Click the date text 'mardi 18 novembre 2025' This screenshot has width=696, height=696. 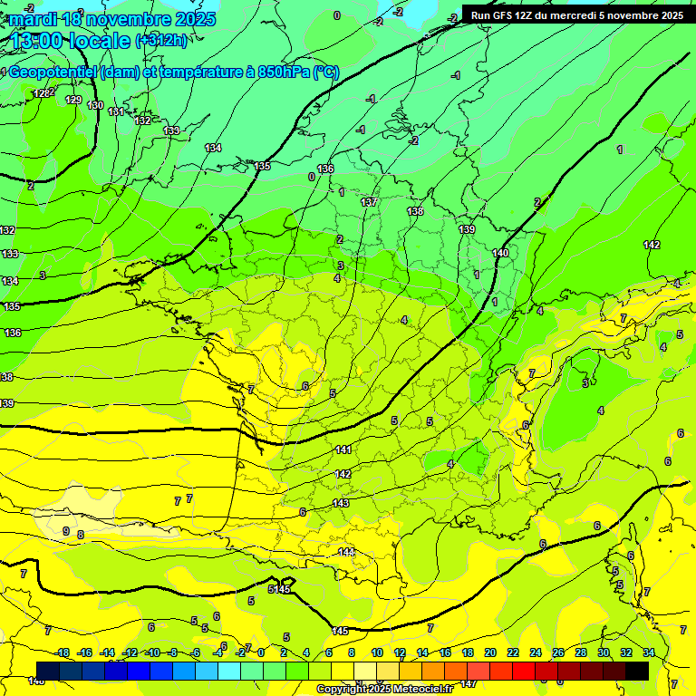coord(113,19)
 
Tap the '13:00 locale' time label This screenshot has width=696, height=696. coord(71,41)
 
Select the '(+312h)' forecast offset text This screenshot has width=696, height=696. coord(162,41)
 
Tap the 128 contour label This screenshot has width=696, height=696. coord(41,93)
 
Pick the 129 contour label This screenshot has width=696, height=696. coord(73,100)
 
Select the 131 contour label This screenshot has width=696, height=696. coord(116,111)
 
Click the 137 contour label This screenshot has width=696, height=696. coord(369,202)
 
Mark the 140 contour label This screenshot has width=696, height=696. coord(500,253)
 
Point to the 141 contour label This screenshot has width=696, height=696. coord(343,450)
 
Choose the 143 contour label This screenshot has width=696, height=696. coord(341,503)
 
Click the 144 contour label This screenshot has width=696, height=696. coord(347,552)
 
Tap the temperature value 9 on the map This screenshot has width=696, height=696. coord(66,531)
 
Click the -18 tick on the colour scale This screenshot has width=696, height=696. coord(63,652)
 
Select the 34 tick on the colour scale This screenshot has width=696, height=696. coord(649,652)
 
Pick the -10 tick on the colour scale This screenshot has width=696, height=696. coord(152,652)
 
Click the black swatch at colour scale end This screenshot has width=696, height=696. coord(637,671)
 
